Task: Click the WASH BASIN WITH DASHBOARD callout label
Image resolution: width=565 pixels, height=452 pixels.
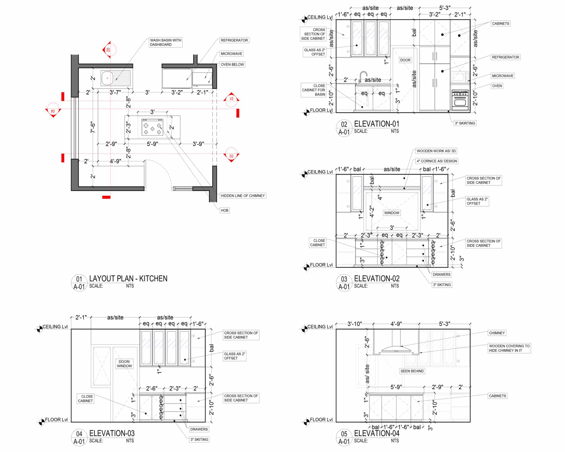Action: tap(166, 42)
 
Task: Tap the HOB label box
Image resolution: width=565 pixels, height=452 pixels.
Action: tap(225, 210)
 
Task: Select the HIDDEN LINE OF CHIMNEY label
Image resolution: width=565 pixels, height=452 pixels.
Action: tap(243, 196)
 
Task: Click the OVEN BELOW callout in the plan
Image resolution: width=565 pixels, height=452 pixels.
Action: tap(232, 65)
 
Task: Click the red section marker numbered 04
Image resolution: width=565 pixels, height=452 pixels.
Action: tap(53, 110)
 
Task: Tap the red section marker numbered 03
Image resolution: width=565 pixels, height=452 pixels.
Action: tap(231, 155)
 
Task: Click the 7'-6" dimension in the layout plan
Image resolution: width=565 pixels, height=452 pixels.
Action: tap(93, 127)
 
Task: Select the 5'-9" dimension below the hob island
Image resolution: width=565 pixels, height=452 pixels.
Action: tap(152, 144)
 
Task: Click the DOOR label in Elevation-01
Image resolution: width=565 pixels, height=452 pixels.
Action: tap(405, 60)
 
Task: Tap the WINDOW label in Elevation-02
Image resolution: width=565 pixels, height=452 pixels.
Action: tap(392, 213)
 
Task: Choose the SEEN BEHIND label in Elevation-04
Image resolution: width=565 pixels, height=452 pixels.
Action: tap(412, 371)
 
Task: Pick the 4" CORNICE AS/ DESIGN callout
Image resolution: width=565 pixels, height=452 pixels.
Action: tap(437, 161)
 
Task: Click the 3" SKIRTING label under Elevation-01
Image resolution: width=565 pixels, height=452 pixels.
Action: tap(465, 123)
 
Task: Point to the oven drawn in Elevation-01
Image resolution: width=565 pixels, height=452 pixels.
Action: tap(460, 100)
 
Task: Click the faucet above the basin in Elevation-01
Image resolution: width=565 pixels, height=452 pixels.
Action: tap(363, 77)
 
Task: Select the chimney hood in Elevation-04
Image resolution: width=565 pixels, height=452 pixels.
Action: tap(396, 349)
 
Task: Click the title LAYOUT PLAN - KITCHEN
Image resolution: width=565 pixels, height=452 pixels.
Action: tap(128, 279)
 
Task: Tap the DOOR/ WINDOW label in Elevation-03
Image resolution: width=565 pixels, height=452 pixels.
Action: tap(124, 364)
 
